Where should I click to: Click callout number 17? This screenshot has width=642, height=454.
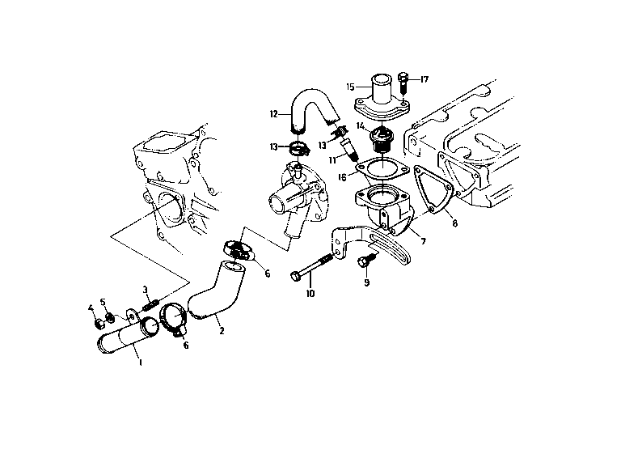coord(424,79)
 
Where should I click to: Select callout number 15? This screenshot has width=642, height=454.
coord(350,87)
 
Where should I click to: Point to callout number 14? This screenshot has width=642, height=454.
coord(361,125)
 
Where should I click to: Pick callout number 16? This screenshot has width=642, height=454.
coord(342,177)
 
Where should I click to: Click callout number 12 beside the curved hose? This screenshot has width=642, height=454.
coord(274,114)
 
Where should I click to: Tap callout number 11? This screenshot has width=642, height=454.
coord(332,159)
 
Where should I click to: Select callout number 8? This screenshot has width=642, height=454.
coord(455,223)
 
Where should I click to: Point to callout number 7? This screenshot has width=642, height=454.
coord(424,241)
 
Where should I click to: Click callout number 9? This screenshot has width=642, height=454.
coord(366,282)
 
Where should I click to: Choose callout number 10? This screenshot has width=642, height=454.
coord(310,294)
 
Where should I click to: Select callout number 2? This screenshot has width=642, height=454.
coord(222,330)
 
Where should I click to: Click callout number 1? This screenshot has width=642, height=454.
coord(141,363)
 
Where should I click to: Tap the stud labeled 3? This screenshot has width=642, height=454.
coord(150,305)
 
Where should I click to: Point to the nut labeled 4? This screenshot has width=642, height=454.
coord(99,324)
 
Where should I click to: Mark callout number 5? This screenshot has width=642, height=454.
coord(103,302)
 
